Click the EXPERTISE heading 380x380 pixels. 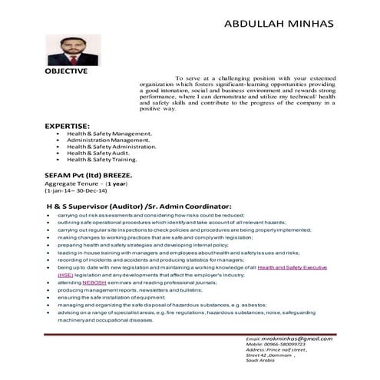(67, 125)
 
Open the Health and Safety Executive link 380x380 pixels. (292, 266)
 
